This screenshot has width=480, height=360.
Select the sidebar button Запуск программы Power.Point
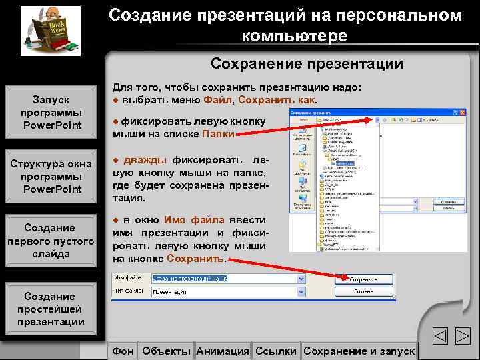[51, 112]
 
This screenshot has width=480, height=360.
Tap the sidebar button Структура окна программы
[51, 177]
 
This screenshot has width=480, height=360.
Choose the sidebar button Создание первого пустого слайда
[51, 241]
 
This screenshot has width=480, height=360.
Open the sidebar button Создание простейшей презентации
[51, 309]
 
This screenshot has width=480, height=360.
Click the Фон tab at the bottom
[123, 351]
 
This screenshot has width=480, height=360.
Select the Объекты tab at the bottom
[167, 351]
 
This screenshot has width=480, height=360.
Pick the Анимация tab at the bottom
[223, 351]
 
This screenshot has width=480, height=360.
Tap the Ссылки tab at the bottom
[276, 351]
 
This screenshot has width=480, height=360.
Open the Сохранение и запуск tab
[359, 351]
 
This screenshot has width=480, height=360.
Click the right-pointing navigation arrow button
[463, 337]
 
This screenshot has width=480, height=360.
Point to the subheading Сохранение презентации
[307, 64]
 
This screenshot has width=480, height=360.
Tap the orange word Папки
[218, 133]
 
